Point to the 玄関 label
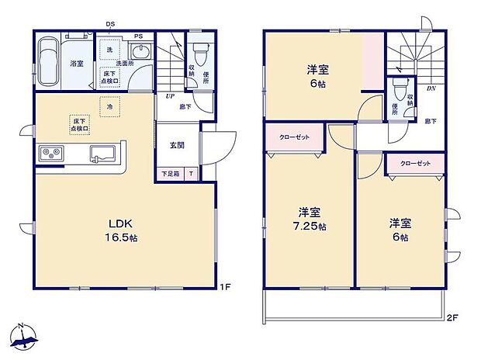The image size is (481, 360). tap(178, 144)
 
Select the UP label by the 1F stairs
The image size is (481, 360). tap(168, 96)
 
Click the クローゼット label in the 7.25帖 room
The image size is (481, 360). tap(295, 137)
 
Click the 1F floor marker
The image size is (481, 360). tap(224, 289)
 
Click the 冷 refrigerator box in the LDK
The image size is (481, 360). tap(111, 106)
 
